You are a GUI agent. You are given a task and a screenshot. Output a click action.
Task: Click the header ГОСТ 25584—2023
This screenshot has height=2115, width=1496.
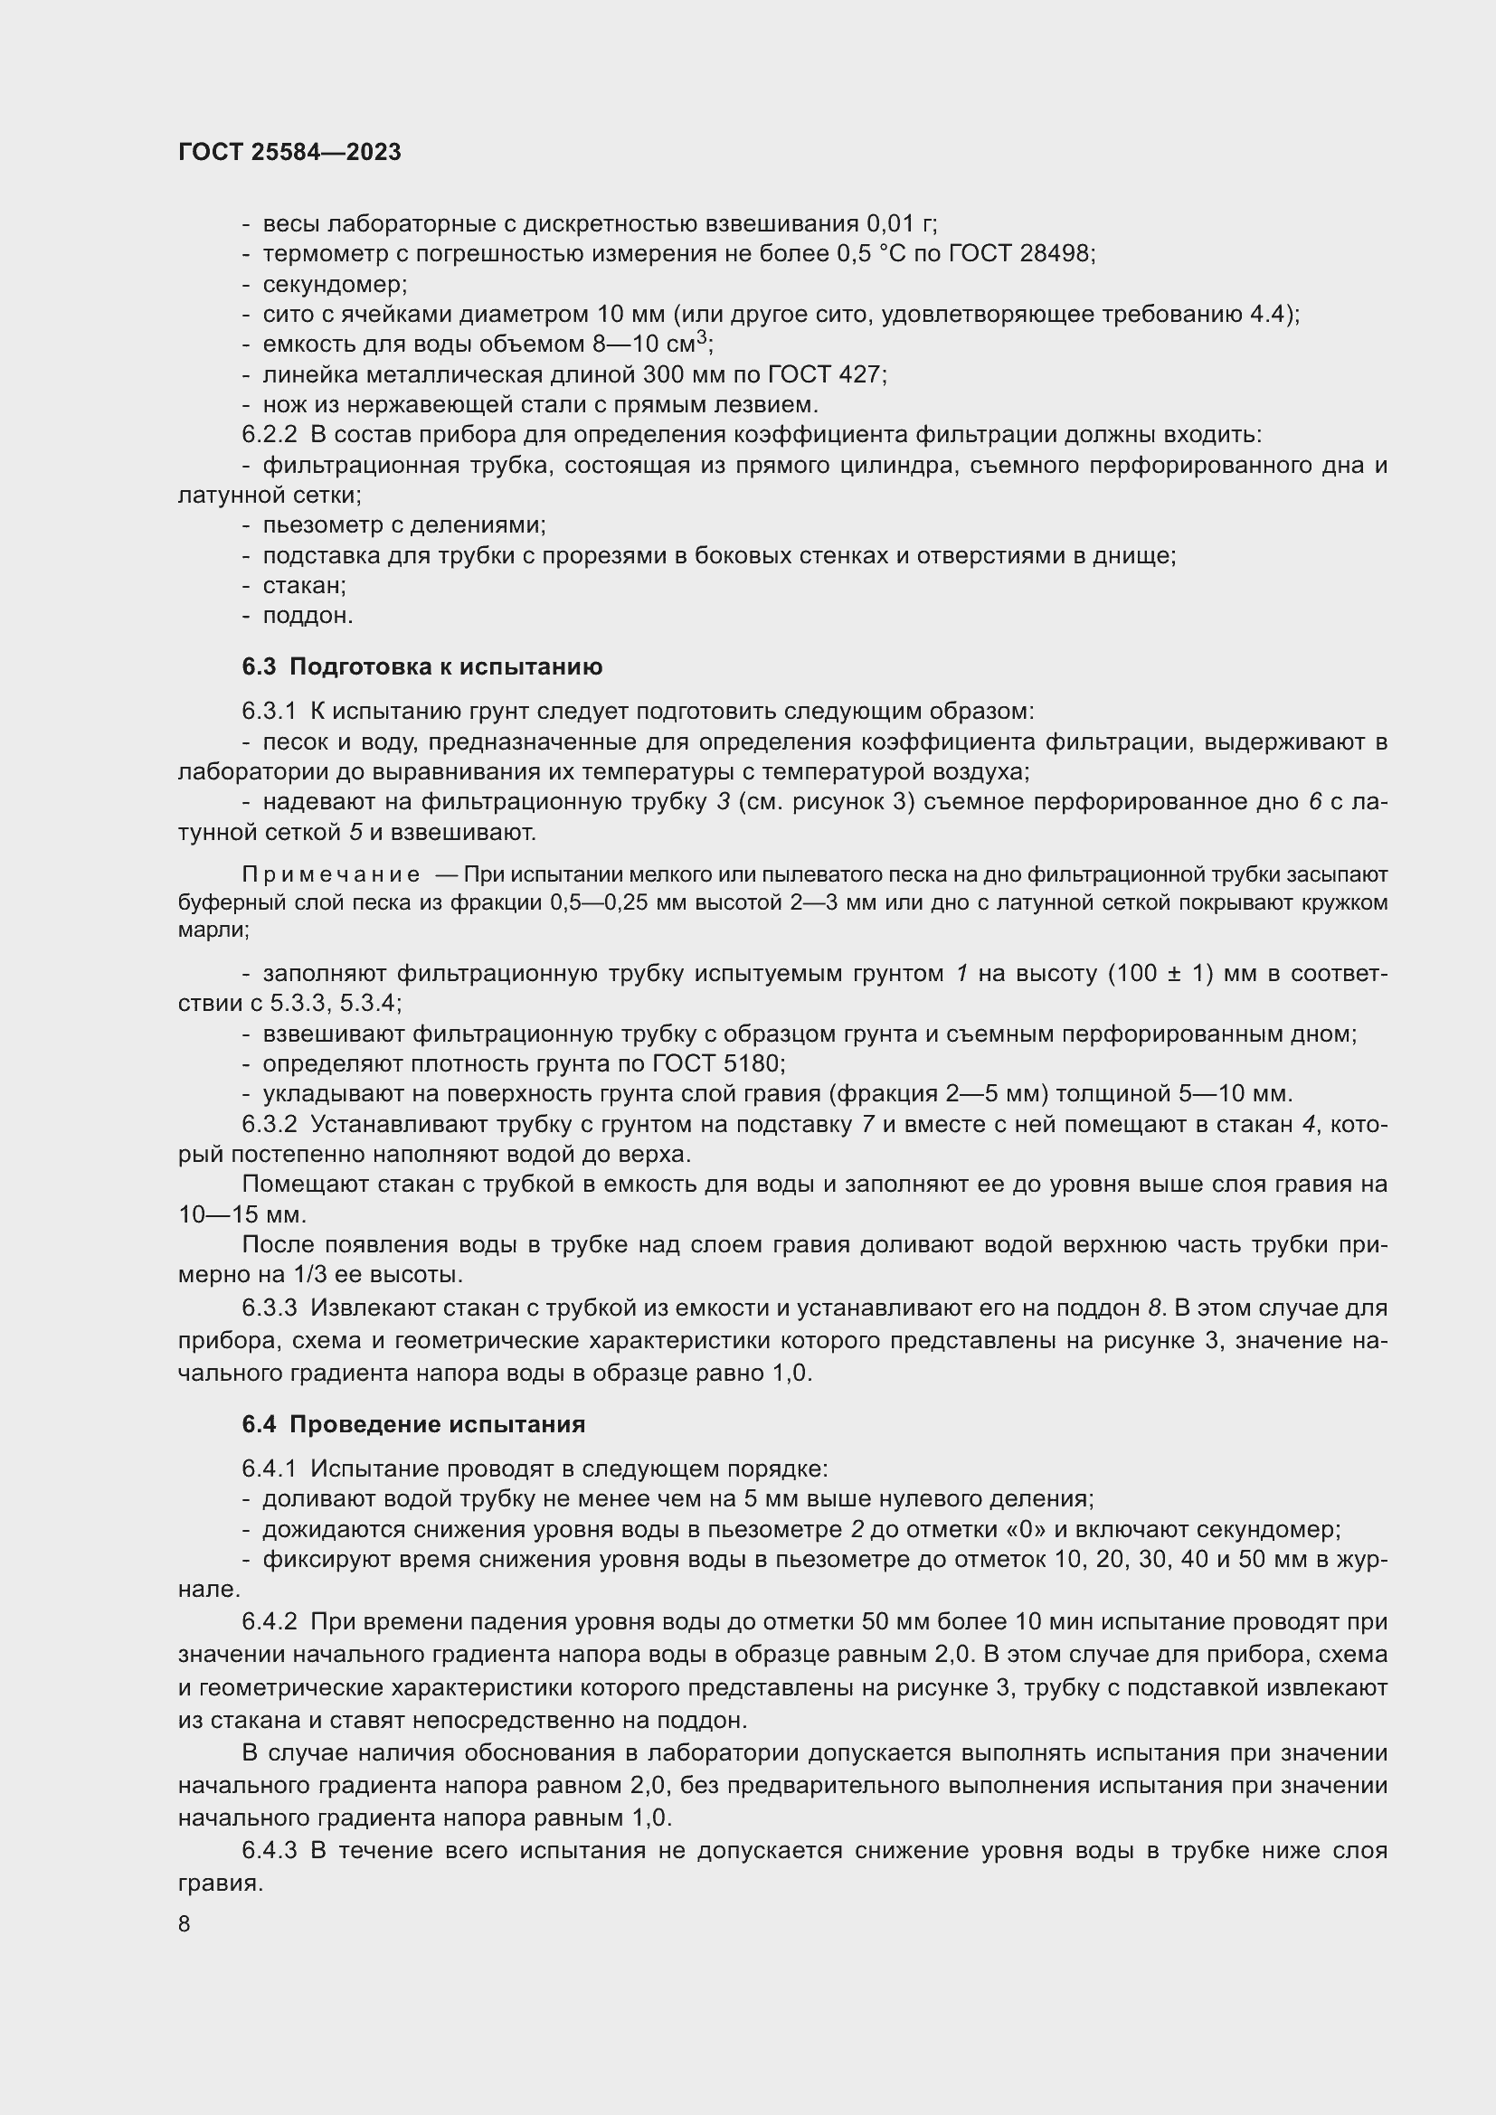pos(289,152)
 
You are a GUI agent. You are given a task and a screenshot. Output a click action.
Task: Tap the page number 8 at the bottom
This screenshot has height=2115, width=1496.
pos(185,1923)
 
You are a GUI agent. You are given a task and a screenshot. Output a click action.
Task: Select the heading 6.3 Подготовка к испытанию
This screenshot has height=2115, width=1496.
pos(421,667)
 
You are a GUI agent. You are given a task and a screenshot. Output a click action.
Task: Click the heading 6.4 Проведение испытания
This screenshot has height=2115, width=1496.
pos(413,1424)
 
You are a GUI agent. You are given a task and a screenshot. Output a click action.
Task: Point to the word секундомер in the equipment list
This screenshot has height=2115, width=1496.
pos(334,284)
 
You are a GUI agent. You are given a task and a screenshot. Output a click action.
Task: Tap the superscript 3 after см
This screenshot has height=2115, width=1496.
pos(703,338)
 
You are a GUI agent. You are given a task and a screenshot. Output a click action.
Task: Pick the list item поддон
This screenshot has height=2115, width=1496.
pos(307,617)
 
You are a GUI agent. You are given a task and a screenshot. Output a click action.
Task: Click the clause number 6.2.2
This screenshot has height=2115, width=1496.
pos(270,435)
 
